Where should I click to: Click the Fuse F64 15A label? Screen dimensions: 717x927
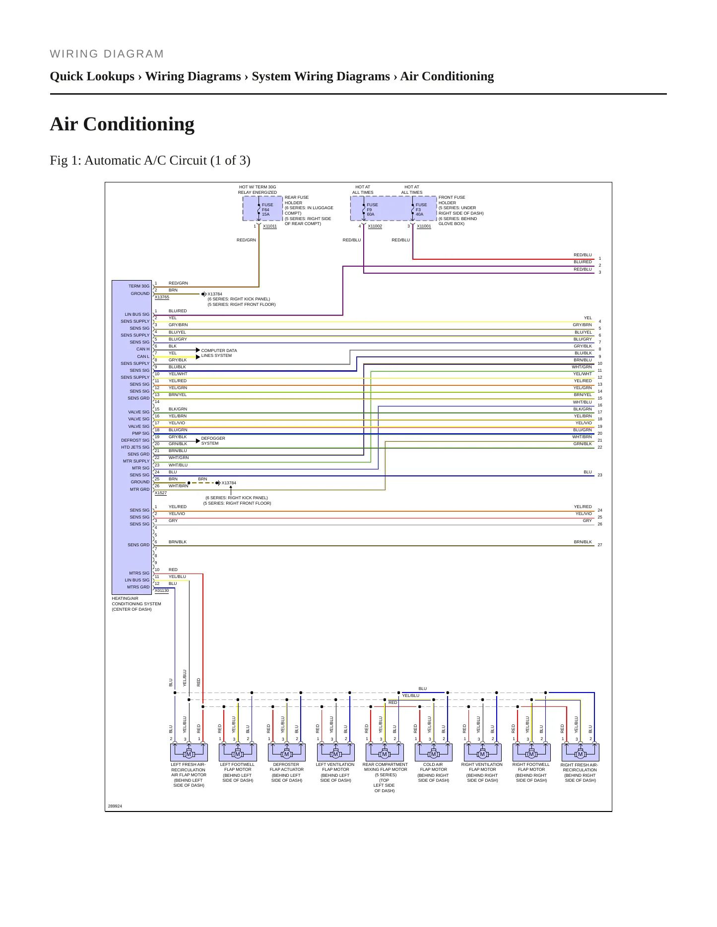(267, 210)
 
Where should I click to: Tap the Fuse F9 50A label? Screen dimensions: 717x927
(372, 210)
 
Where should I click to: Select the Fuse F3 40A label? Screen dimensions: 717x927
(421, 210)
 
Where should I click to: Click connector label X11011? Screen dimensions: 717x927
(270, 226)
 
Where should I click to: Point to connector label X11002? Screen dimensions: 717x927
(375, 226)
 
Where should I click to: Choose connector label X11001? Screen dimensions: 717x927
(424, 226)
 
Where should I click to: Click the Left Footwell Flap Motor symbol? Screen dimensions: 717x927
(238, 753)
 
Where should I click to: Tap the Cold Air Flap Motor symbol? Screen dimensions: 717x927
(433, 753)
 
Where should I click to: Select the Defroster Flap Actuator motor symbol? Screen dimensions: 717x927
(286, 753)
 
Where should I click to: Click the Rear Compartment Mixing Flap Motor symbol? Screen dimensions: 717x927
(385, 753)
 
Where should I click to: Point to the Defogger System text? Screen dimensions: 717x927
(213, 441)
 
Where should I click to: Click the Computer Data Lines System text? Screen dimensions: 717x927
(219, 353)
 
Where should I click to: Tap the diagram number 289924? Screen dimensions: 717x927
(115, 806)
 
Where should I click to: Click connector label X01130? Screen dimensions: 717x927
(162, 590)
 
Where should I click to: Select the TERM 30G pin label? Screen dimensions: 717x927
(139, 286)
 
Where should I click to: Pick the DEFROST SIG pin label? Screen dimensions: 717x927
(135, 440)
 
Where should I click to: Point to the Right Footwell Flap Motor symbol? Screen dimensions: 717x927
(531, 753)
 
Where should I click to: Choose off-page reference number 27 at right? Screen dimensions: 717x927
(600, 545)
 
